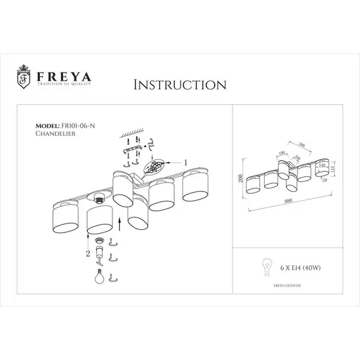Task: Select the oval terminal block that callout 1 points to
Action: click(x=155, y=167)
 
